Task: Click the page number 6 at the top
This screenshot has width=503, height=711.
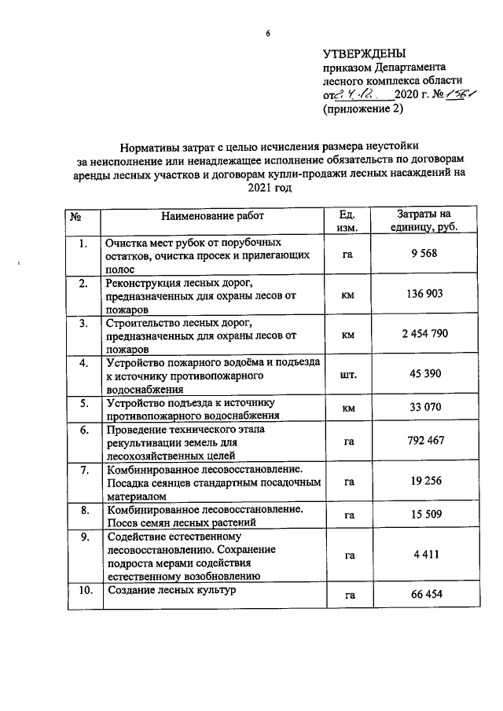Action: (268, 34)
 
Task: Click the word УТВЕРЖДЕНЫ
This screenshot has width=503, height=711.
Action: (365, 54)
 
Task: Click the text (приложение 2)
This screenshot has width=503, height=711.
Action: (362, 109)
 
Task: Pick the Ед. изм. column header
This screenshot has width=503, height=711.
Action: (347, 221)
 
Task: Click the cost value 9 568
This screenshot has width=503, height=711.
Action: (424, 255)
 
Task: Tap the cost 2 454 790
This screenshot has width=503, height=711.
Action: (424, 335)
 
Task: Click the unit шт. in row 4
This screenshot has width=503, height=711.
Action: (348, 376)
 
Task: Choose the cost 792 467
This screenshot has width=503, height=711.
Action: (424, 442)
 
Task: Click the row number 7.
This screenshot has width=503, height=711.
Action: (83, 471)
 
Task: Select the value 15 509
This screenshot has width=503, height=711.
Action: (424, 515)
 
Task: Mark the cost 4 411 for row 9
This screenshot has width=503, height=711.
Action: (424, 555)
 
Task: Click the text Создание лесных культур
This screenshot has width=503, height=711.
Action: (171, 590)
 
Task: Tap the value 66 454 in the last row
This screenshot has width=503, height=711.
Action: (424, 595)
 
